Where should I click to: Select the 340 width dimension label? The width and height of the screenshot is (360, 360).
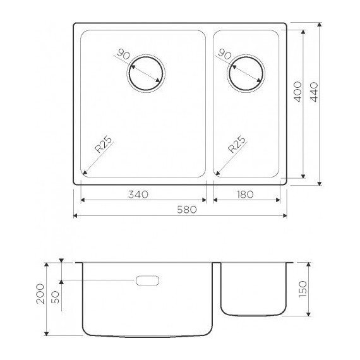pyautogui.click(x=137, y=195)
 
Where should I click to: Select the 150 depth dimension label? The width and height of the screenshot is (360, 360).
pyautogui.click(x=302, y=289)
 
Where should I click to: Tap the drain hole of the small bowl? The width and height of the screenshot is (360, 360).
pyautogui.click(x=248, y=73)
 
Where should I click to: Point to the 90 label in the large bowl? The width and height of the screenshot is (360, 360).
pyautogui.click(x=124, y=56)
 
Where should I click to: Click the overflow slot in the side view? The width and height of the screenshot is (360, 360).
pyautogui.click(x=147, y=280)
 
